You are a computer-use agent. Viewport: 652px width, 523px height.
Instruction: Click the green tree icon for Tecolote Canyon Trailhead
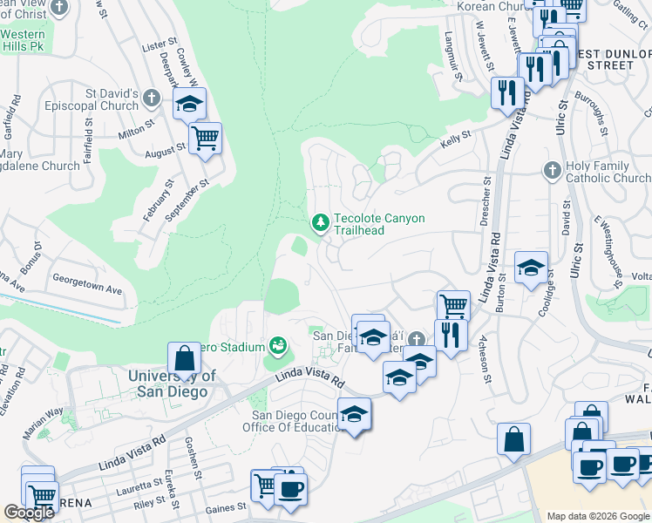coord(321,223)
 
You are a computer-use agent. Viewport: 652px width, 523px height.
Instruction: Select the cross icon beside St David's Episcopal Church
coord(152,97)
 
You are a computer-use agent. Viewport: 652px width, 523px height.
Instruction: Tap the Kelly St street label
coord(454,137)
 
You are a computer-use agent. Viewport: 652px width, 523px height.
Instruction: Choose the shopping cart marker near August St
coord(205,138)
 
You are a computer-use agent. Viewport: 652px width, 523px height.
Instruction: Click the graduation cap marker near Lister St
coord(189,104)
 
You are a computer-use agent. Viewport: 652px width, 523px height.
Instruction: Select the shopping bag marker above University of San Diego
coord(185,357)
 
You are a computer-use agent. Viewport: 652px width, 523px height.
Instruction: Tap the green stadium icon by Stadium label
coord(278,347)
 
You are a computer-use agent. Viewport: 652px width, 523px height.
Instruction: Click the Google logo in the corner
coord(29,513)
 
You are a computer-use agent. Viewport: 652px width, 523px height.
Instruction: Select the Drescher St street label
coord(486,200)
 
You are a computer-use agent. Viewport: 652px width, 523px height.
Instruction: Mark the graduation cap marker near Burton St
coord(531,268)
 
